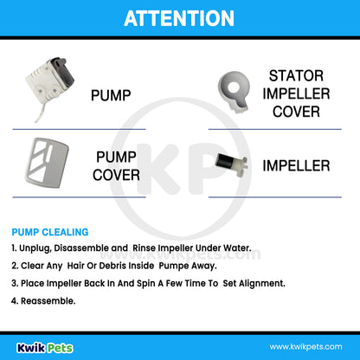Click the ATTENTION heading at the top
tap(179, 18)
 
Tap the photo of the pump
tap(50, 87)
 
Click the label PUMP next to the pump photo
tap(111, 95)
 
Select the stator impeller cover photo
tap(234, 92)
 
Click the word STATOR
tap(296, 76)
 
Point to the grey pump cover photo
tap(47, 163)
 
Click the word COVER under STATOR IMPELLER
tap(296, 112)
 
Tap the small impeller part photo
tap(232, 164)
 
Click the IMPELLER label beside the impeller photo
tap(296, 166)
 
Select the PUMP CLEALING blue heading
tap(50, 232)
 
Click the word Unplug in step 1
tap(35, 248)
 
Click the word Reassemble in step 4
tap(48, 301)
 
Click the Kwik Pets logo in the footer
tap(45, 348)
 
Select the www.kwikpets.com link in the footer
tap(306, 347)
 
